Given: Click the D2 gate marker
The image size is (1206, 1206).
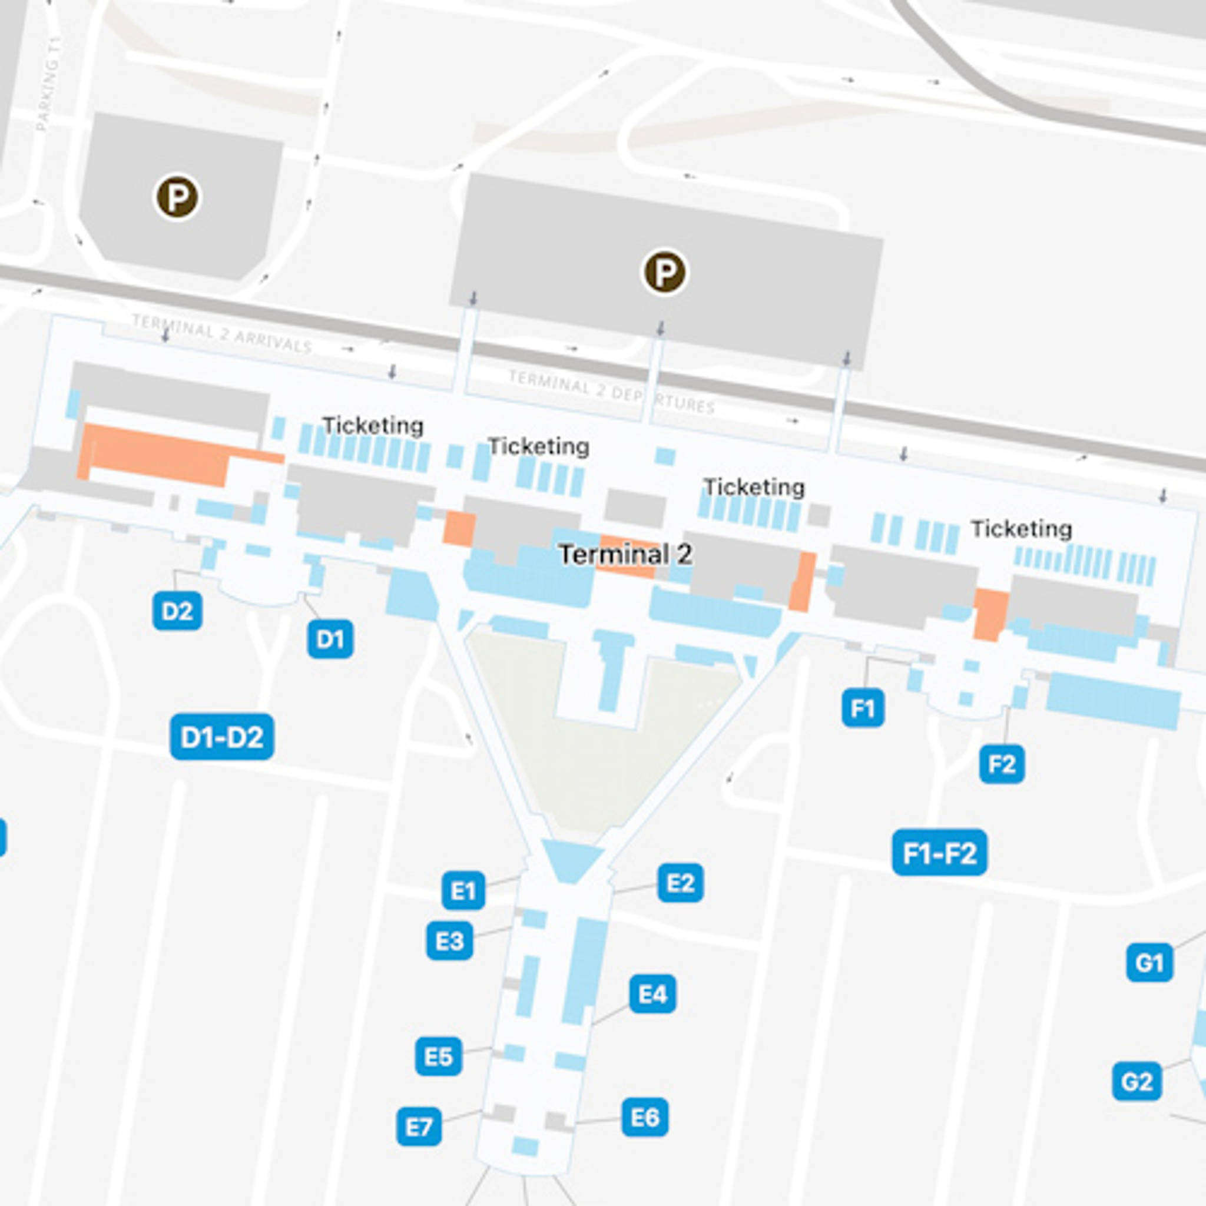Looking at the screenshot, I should coord(177,611).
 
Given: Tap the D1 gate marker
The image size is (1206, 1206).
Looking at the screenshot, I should coord(330,638).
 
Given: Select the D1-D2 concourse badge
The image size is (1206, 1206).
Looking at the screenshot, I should coord(221,737).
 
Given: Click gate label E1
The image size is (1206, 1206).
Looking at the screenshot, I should coord(463,890).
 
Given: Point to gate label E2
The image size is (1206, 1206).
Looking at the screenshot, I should coord(680,883).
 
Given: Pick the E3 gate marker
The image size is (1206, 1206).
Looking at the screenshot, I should coord(449,940).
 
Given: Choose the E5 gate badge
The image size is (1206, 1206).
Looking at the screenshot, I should coord(438,1056).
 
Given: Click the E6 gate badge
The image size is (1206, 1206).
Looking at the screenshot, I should coord(645,1116).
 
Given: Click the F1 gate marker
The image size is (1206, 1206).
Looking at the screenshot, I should coord(863,708).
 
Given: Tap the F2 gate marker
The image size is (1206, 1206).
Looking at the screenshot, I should coord(1001,763).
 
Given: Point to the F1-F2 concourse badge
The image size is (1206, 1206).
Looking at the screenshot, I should coord(939,853).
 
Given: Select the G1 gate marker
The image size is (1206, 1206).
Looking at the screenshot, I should coord(1149,963).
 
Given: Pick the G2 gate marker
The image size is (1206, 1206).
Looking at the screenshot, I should coord(1136,1081).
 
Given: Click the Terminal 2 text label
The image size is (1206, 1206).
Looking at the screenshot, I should coord(625,554).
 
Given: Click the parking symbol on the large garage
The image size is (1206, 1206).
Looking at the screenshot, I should coord(665,272).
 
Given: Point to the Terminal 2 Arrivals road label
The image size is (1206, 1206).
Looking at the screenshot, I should coord(221,333).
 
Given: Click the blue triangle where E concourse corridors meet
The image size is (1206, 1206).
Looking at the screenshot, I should coord(571,859).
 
